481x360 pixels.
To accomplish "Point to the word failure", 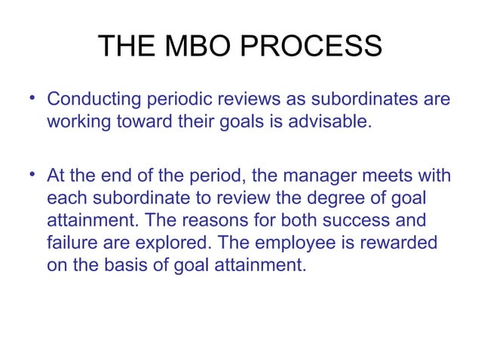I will (x=72, y=242).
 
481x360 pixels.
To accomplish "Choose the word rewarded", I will (x=412, y=242).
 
